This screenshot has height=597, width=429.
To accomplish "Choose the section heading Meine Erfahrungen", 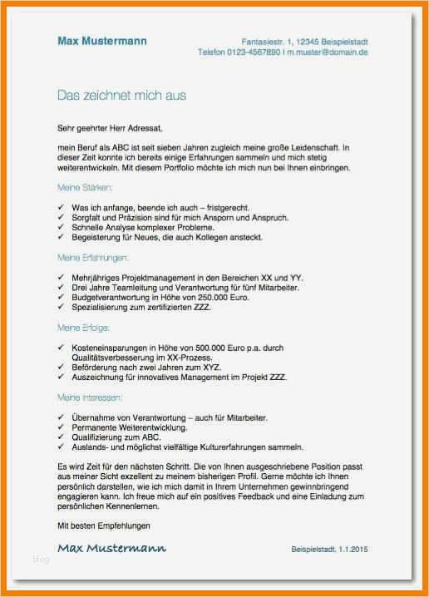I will [x=93, y=258].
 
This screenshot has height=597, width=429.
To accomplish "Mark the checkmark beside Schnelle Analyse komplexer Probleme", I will [x=62, y=226].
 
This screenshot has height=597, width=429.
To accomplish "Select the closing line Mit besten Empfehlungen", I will [x=104, y=525].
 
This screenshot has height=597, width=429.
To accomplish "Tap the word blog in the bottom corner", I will [x=42, y=559].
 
